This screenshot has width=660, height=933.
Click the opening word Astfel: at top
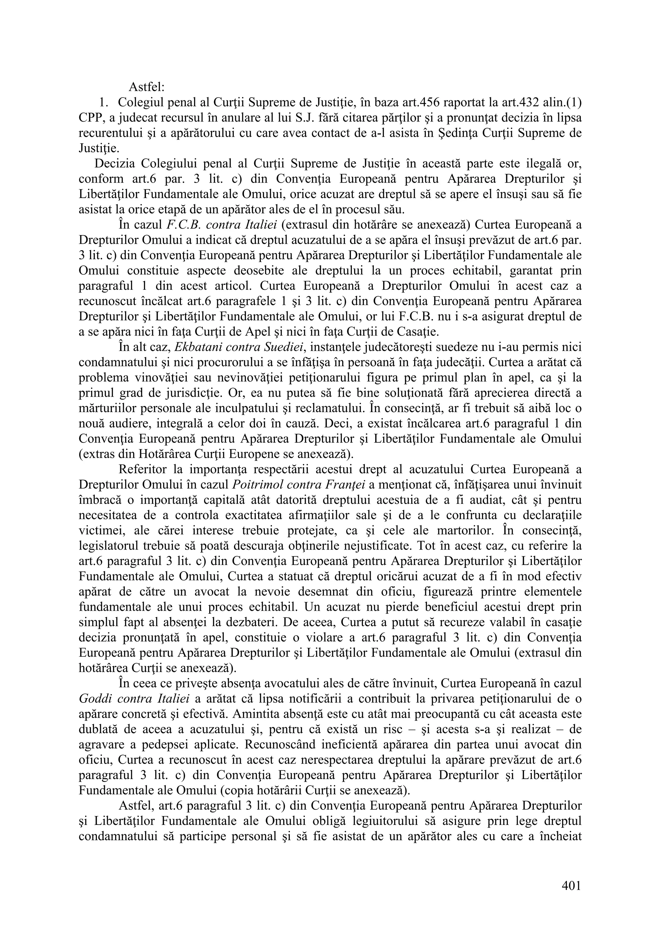(x=146, y=87)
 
